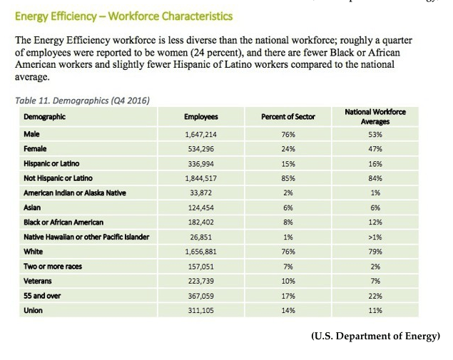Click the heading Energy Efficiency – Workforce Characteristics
point(123,16)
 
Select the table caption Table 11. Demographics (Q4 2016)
point(82,101)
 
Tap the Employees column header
point(200,116)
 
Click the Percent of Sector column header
point(287,116)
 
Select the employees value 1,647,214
point(200,133)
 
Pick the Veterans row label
point(39,281)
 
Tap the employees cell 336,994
point(200,163)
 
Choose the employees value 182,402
point(200,222)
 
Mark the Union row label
point(34,310)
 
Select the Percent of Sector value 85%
point(289,178)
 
